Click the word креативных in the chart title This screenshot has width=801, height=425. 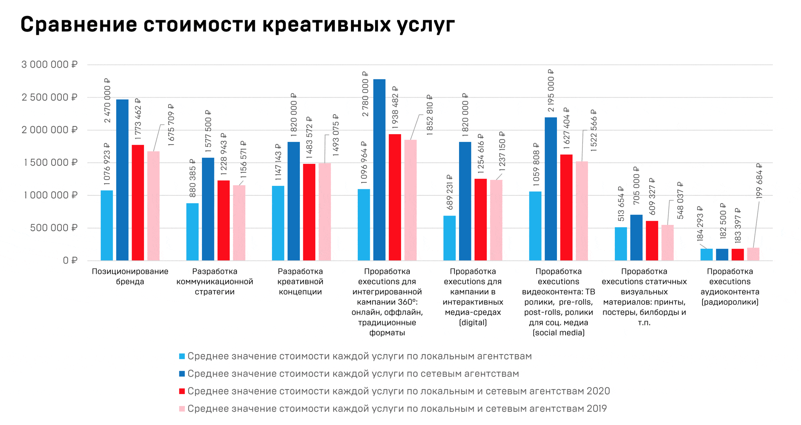point(326,24)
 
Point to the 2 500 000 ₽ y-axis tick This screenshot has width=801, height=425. point(49,97)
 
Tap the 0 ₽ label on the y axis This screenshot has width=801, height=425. point(70,260)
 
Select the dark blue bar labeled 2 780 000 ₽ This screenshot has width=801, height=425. point(379,169)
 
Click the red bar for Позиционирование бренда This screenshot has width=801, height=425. point(138,202)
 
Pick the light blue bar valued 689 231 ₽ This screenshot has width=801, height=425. point(449,238)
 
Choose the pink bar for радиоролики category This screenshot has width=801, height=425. point(753,254)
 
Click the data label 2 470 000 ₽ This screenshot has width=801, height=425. point(107,100)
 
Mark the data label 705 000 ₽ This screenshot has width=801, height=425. point(636,186)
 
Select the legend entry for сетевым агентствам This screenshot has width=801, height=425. point(353,373)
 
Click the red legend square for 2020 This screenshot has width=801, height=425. point(182,391)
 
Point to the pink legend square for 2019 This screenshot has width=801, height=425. point(182,409)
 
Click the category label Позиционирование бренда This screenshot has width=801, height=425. point(130,276)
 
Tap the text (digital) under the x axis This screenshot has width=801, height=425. point(473,322)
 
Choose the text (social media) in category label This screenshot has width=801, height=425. point(558,333)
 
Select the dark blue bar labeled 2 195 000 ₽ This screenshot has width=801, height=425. point(551,189)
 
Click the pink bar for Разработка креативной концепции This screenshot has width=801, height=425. point(325,211)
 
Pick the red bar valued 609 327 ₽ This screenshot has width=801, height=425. point(652,240)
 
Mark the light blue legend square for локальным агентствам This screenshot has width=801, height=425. point(182,356)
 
